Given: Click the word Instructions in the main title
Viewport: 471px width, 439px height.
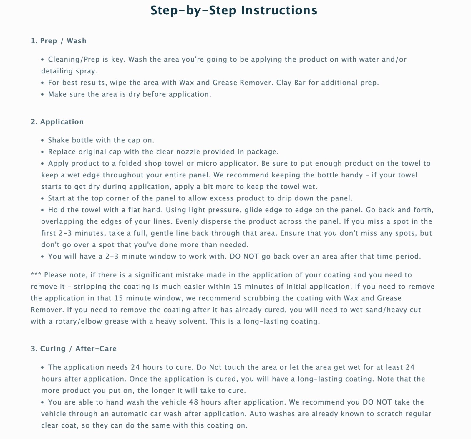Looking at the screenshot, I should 279,11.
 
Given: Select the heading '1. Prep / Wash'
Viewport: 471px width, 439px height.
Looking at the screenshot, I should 59,41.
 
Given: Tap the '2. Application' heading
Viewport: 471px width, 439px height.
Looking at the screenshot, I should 57,122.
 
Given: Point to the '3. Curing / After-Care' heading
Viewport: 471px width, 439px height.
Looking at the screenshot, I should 74,348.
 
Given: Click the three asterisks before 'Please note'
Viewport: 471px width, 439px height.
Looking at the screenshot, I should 36,275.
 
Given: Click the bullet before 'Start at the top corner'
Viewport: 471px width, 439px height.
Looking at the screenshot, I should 42,198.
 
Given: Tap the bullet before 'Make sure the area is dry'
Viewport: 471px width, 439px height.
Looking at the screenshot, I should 42,95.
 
